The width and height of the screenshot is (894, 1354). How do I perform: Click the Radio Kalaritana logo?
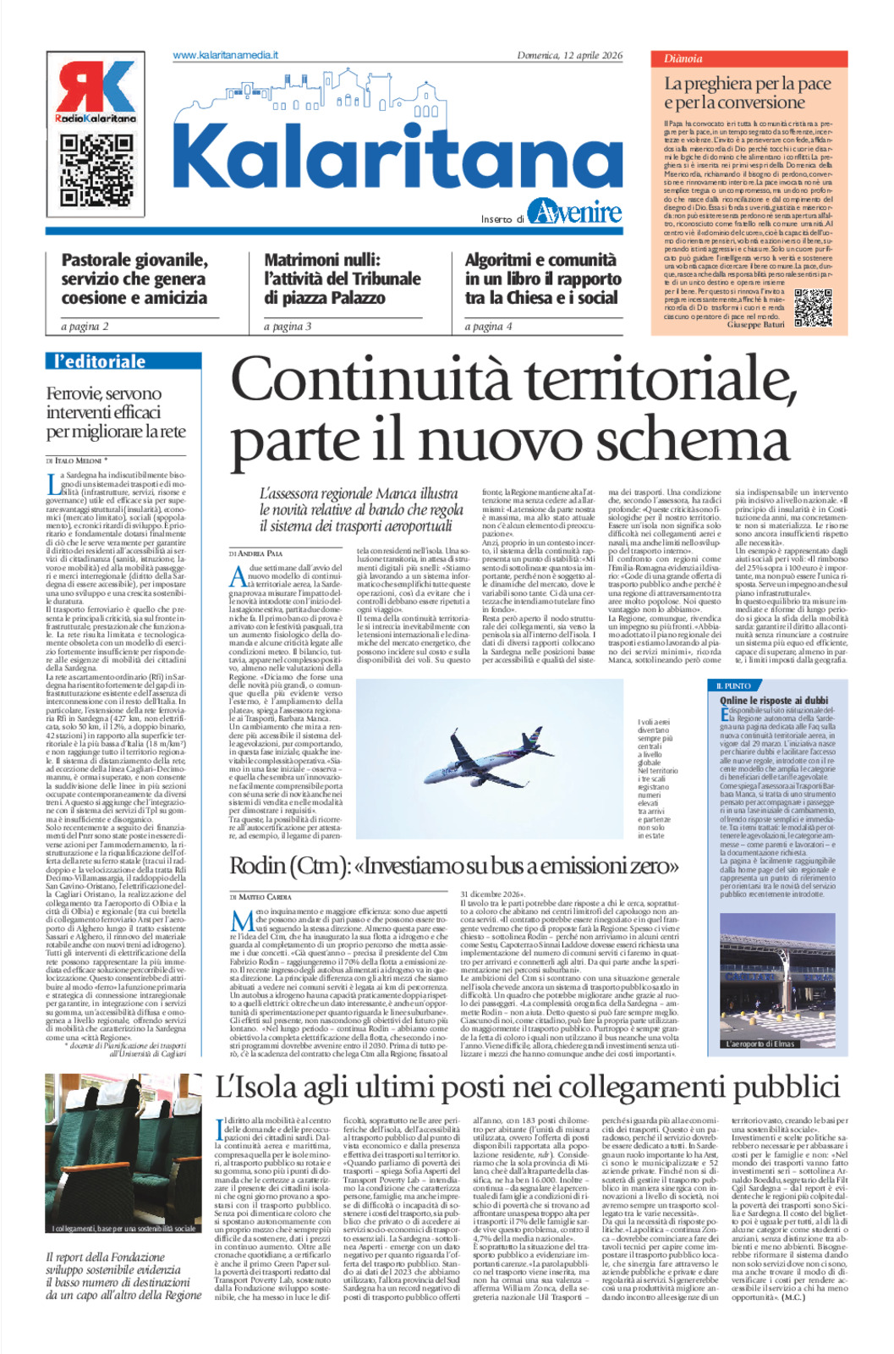[96, 91]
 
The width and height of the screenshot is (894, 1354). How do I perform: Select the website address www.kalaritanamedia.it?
[225, 55]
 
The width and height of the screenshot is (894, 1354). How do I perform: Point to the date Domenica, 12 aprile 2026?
[569, 56]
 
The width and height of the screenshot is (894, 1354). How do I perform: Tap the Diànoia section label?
[683, 59]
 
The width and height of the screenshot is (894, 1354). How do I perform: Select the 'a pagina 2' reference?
[85, 327]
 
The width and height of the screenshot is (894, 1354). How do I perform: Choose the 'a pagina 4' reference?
[488, 327]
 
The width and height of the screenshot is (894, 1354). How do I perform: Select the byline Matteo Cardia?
[261, 896]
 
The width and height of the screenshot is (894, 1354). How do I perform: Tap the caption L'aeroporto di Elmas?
[760, 1043]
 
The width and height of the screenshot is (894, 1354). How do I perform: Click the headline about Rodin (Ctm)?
[454, 866]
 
